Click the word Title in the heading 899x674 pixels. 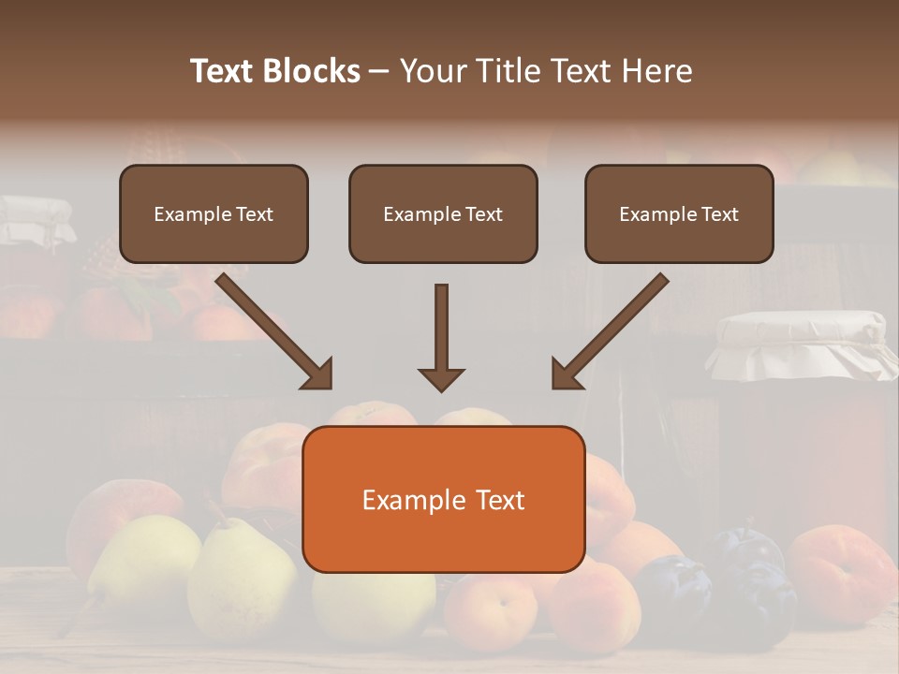[x=507, y=71]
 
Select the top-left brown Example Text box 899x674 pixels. [x=214, y=213]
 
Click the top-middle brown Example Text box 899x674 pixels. [x=443, y=213]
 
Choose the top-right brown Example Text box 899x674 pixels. [x=679, y=213]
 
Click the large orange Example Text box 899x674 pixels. [x=444, y=499]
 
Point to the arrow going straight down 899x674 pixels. [x=441, y=337]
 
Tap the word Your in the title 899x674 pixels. [x=435, y=71]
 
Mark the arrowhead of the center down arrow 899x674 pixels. [x=441, y=378]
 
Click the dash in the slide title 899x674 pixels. [x=379, y=71]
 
